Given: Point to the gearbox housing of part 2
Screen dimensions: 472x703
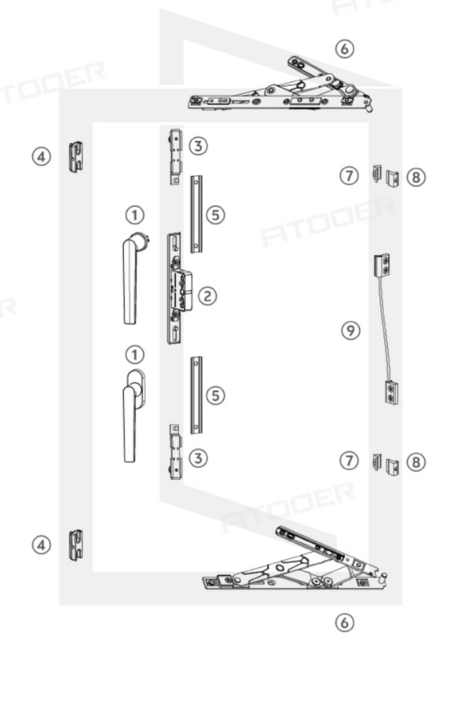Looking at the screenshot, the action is [x=181, y=290].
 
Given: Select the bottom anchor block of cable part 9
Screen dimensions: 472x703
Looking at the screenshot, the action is [x=392, y=391].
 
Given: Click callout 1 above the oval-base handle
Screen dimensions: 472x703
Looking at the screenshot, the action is [x=134, y=354].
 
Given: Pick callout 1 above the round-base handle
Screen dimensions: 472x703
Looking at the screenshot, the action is [x=134, y=215].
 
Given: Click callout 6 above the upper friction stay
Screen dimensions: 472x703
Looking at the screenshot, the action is [x=345, y=48].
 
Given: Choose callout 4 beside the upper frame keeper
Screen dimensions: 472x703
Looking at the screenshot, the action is [x=41, y=157].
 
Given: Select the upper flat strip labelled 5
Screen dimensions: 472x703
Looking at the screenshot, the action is [x=196, y=214].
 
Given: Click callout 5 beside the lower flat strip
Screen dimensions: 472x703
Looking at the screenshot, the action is [x=216, y=395].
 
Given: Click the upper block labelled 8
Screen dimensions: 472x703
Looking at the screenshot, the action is [x=393, y=178].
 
